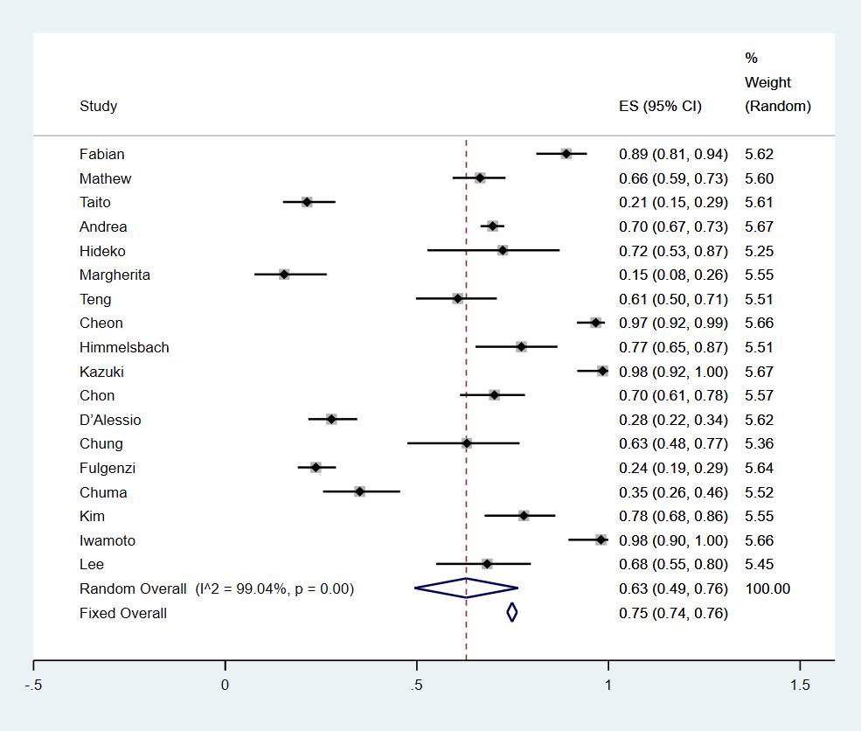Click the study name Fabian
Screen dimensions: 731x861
tap(101, 155)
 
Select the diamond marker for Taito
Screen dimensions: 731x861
tap(307, 202)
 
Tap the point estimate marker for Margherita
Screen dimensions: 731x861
tap(284, 275)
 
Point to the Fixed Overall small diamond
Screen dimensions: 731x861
tap(512, 613)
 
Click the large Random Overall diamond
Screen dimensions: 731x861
tap(466, 588)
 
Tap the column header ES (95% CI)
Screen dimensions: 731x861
tap(660, 107)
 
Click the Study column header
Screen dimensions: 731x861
tap(98, 107)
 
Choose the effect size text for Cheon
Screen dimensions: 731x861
tap(673, 324)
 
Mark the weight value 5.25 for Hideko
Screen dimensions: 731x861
tap(759, 251)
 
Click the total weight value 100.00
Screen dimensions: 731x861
tap(767, 588)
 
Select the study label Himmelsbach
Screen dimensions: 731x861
tap(124, 347)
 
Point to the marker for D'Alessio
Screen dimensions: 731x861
tap(331, 420)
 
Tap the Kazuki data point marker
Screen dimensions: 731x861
tap(602, 372)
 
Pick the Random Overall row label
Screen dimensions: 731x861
tap(132, 588)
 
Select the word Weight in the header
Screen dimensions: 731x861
tap(767, 82)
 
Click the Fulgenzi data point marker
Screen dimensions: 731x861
tap(316, 468)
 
